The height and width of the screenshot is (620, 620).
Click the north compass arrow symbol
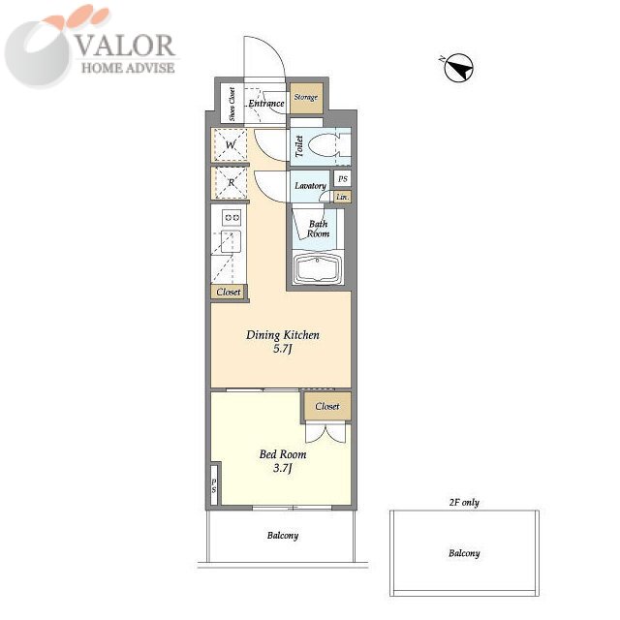[459, 68]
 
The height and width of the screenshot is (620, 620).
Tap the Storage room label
[306, 97]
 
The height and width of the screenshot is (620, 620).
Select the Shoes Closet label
[232, 104]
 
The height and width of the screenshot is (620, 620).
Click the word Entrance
[266, 104]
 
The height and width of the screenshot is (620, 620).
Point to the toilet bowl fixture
[323, 146]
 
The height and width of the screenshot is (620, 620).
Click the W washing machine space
[231, 144]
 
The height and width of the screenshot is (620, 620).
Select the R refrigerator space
[231, 183]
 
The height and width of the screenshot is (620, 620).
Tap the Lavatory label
[310, 185]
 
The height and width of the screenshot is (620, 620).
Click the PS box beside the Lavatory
[343, 178]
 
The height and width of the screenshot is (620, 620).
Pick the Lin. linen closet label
[343, 197]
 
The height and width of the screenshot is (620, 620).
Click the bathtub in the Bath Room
[318, 268]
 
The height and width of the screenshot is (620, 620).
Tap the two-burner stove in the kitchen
[232, 217]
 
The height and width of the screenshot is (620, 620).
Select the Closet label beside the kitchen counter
[229, 293]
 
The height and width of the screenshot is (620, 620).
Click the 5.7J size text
[282, 349]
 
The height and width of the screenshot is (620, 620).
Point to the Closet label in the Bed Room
[327, 406]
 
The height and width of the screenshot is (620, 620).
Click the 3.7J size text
[282, 469]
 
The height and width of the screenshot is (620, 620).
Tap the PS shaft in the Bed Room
[214, 485]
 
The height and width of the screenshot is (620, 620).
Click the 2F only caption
[464, 503]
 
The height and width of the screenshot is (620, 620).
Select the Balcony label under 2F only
[464, 553]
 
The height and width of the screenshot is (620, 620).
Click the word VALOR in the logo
[125, 46]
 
